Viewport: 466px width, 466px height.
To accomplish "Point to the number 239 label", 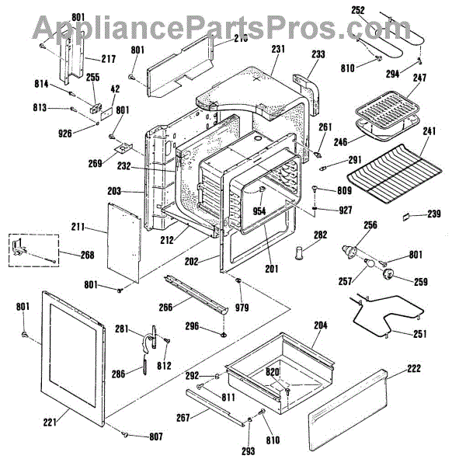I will (x=434, y=214).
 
